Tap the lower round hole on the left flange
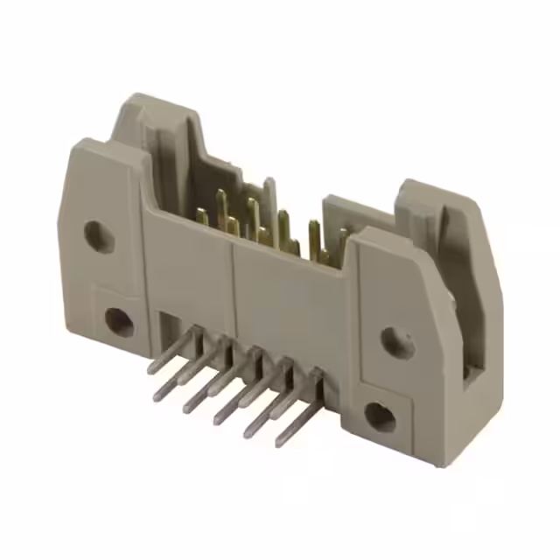pyautogui.click(x=119, y=322)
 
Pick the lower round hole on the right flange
pyautogui.click(x=380, y=417)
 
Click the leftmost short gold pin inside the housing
pyautogui.click(x=202, y=216)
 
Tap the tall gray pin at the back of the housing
pyautogui.click(x=269, y=197)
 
